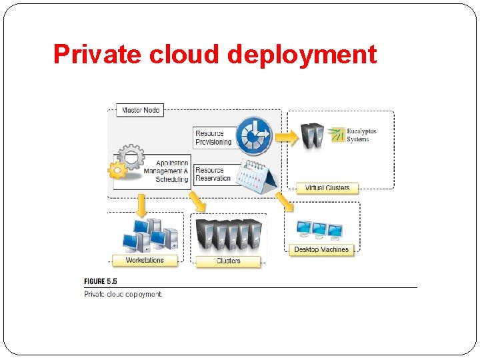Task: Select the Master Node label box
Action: (141, 110)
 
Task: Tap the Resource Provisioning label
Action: (213, 137)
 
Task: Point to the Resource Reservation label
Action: (213, 174)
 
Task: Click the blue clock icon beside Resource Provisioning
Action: (255, 136)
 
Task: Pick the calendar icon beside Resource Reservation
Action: (259, 176)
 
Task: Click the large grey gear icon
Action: (131, 157)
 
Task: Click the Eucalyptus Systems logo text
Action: (361, 135)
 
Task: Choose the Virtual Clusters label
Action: (327, 188)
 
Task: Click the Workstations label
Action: (144, 260)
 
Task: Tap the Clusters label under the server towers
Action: (228, 261)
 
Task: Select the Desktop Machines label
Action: (321, 249)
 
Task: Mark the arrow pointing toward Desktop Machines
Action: (283, 201)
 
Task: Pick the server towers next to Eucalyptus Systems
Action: (313, 135)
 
